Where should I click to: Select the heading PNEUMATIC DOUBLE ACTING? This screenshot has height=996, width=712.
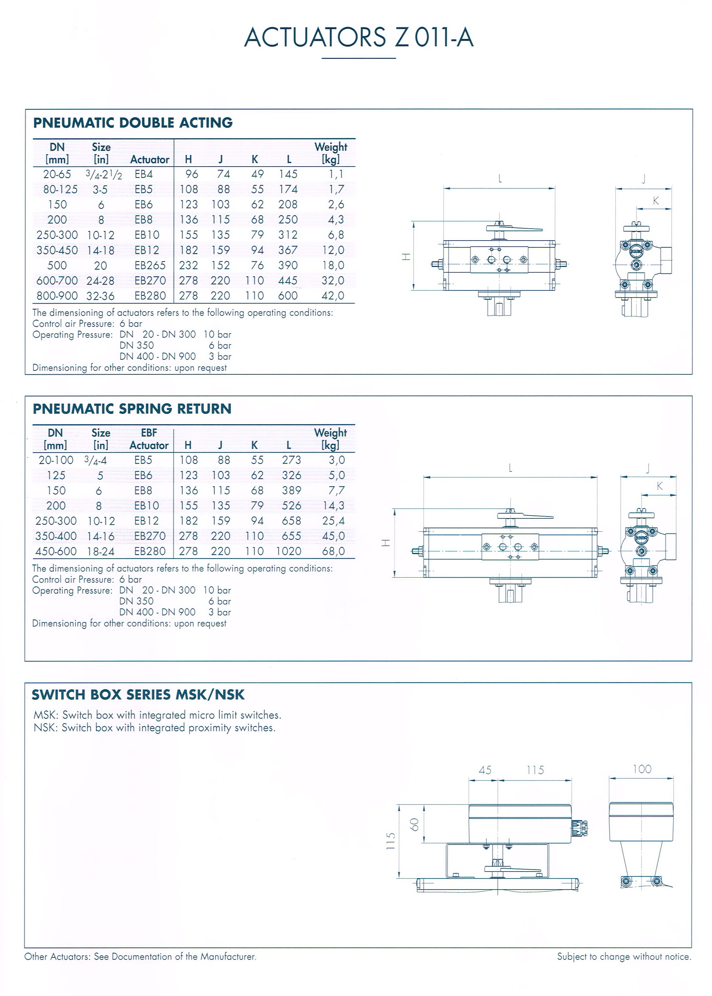coord(133,123)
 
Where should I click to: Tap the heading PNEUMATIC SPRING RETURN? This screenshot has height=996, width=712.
coord(132,409)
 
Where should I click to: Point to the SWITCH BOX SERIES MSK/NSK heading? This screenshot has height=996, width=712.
coord(138,695)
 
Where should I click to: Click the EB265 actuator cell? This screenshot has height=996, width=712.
coord(150,266)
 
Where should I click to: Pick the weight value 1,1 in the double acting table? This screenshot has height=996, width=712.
coord(336,174)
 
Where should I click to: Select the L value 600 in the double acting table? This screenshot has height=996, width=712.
coord(288,296)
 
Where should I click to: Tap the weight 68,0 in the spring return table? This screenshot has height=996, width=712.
coord(333,551)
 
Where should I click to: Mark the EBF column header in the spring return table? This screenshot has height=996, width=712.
coord(149,433)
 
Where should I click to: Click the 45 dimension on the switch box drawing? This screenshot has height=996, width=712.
coord(485,770)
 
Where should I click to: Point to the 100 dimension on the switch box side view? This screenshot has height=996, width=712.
coord(642,769)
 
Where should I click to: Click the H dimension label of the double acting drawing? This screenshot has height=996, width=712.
coord(406,257)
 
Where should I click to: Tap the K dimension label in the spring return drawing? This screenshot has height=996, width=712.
coord(659,486)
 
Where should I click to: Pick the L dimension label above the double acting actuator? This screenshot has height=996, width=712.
coord(500,179)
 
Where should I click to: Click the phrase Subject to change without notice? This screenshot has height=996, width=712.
coord(624,956)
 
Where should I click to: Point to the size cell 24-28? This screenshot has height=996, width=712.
coord(100,281)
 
